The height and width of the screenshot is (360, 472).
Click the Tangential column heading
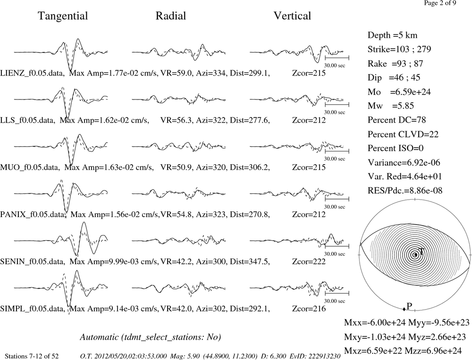point(63,16)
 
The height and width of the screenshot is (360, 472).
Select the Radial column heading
point(171,16)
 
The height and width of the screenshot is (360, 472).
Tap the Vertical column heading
point(292,16)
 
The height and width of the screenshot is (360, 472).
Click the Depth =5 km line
point(392,35)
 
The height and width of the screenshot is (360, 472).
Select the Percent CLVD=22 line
point(403,134)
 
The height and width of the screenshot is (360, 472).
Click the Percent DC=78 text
point(397,120)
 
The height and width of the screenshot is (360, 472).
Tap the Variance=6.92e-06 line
point(404,162)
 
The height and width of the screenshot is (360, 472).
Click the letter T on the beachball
point(421,251)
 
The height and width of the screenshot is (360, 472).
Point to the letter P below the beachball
point(409,306)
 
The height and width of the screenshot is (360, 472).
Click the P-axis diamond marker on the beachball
point(404,309)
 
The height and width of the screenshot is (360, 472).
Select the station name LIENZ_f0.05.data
point(32,73)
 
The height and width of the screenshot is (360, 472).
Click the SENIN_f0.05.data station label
point(32,261)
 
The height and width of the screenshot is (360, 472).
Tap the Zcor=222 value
point(309,261)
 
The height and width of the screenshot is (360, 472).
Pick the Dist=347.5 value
point(250,261)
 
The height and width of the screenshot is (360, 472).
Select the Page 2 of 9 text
point(440,3)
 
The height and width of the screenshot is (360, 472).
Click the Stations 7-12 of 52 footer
point(32,356)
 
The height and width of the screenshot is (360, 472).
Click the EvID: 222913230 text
point(315,356)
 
